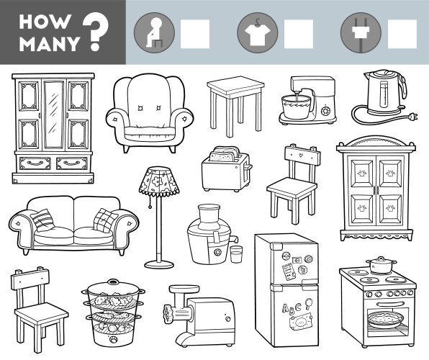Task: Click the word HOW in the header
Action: pos(45,22)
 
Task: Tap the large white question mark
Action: pos(95,32)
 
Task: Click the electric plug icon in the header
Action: pos(361,33)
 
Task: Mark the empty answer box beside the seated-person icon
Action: pos(195,34)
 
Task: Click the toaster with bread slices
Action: pos(227,169)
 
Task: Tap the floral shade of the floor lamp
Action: pos(159,181)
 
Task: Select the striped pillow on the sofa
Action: pos(42,220)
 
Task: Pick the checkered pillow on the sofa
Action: pos(106,220)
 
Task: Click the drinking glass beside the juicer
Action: pos(236,254)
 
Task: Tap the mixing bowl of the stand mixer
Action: pos(297,107)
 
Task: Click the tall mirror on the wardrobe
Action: pos(54,114)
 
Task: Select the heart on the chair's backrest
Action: pos(301,155)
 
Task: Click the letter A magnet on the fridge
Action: pos(285,309)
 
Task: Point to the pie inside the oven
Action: pos(386,320)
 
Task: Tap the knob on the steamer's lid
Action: pos(112,281)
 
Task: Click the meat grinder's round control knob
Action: pos(227,319)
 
